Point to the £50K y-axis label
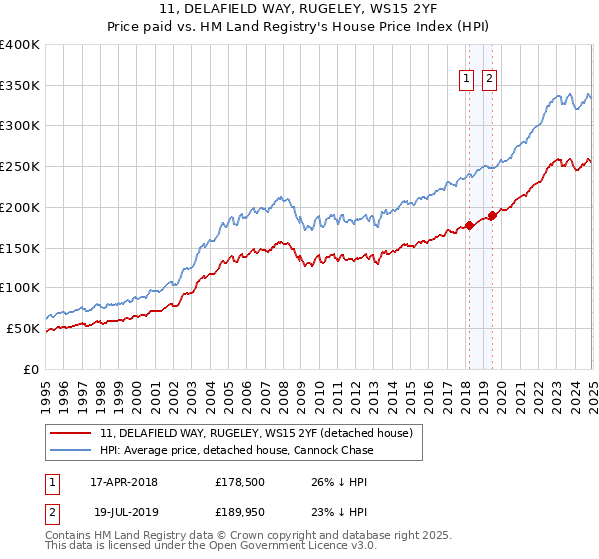click(x=23, y=328)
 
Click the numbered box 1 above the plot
click(x=467, y=81)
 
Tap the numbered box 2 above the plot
click(x=490, y=81)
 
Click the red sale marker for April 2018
click(x=469, y=225)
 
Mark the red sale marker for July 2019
click(x=492, y=215)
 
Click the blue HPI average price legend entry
click(x=237, y=450)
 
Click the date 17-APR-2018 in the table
click(x=124, y=481)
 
